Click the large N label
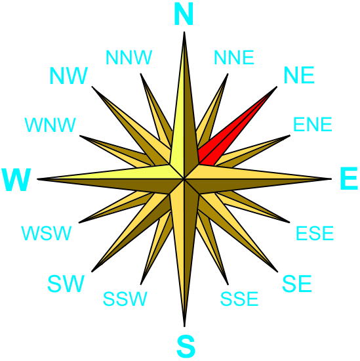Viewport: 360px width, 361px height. pos(184,14)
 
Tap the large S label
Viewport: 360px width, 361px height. pos(186,346)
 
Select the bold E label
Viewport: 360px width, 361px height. pos(349,179)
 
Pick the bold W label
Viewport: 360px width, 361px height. pos(16,180)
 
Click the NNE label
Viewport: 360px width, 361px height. pos(234,57)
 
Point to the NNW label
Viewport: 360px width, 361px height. pos(129,57)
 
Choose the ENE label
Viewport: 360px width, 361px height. pos(313,124)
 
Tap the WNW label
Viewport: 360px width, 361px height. pos(50,125)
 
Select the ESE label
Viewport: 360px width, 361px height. pos(315,233)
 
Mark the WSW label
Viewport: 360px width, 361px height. pos(47,233)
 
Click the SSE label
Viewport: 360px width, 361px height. pos(239,299)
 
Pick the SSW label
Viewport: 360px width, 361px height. pos(125,299)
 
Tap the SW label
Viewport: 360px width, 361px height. pos(66,284)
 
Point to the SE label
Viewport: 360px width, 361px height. pos(297,284)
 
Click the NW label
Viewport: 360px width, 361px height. pos(69,75)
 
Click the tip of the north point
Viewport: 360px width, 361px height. pos(184,32)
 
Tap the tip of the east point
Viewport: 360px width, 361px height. pos(331,179)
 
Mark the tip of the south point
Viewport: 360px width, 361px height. pos(184,326)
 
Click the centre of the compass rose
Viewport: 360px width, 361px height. pos(184,179)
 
